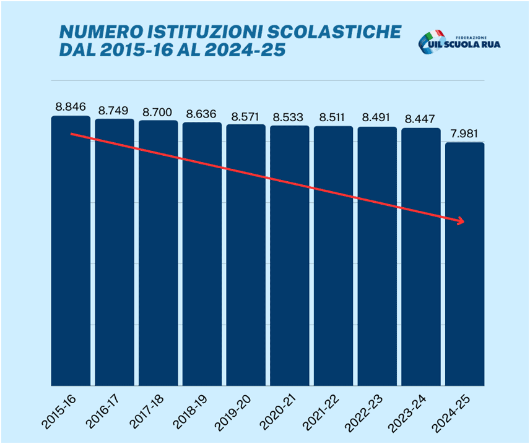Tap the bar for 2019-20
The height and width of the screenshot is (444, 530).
(x=246, y=254)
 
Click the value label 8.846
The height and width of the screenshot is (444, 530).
(x=71, y=107)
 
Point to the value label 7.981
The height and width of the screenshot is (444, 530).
(x=465, y=134)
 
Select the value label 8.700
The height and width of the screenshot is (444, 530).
(x=158, y=112)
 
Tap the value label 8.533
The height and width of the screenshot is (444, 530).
(x=290, y=116)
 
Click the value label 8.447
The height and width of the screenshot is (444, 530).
(x=421, y=119)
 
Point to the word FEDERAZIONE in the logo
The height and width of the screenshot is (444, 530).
(x=475, y=35)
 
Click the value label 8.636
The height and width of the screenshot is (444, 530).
(x=202, y=114)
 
